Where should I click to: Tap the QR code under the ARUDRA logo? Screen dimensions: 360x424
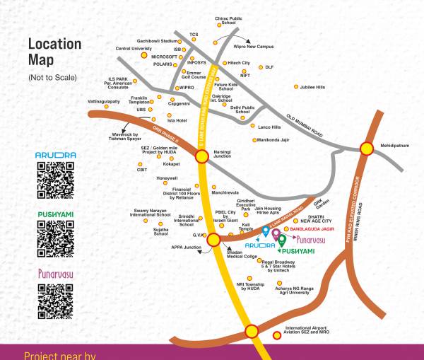click(54, 180)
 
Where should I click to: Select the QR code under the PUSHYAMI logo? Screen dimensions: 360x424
click(54, 238)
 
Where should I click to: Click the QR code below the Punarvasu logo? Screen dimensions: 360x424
click(54, 298)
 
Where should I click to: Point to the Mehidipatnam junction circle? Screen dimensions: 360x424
click(366, 149)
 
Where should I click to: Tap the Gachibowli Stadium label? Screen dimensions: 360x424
click(159, 42)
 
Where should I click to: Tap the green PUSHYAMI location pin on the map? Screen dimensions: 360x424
click(282, 240)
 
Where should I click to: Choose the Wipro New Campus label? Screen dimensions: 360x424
click(252, 47)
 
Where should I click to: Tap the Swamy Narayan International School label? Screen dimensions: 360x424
click(158, 212)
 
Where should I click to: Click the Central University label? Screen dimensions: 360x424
click(134, 49)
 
